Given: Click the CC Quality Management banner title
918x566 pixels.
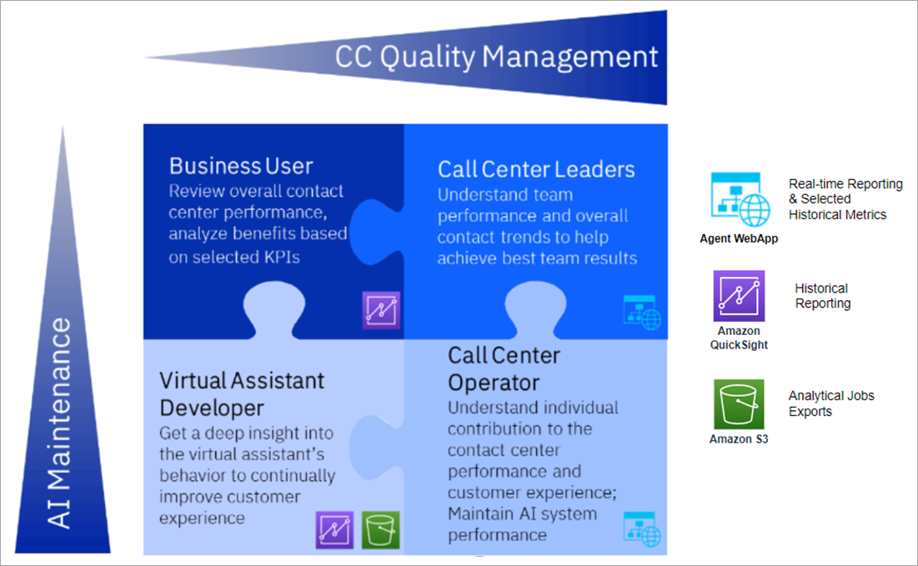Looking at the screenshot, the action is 496,58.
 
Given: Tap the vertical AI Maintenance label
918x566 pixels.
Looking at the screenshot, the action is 59,423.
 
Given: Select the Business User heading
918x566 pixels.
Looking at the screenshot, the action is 241,166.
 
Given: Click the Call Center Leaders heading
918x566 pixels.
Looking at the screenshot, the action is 536,170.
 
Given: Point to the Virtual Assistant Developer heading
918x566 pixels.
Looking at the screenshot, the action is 241,394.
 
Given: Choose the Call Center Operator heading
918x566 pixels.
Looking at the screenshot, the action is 504,368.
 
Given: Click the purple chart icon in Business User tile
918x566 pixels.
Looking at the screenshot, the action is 381,310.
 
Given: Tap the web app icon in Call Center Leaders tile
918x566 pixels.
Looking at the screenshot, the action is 642,313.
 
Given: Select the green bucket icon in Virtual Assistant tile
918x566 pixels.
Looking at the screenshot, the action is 380,529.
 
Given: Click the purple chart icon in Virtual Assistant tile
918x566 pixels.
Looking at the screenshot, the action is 334,529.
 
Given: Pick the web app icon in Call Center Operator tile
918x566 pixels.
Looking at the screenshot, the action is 642,529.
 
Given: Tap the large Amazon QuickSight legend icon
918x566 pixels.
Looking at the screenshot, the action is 739,296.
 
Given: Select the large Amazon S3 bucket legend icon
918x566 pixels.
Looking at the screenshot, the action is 739,404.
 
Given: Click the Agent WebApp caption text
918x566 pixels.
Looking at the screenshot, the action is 739,238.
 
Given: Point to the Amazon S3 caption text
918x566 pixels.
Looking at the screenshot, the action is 739,439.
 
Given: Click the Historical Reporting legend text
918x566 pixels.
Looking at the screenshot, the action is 823,296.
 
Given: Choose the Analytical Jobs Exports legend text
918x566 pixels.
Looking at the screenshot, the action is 831,403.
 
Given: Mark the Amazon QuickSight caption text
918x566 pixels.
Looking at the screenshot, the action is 739,338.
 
